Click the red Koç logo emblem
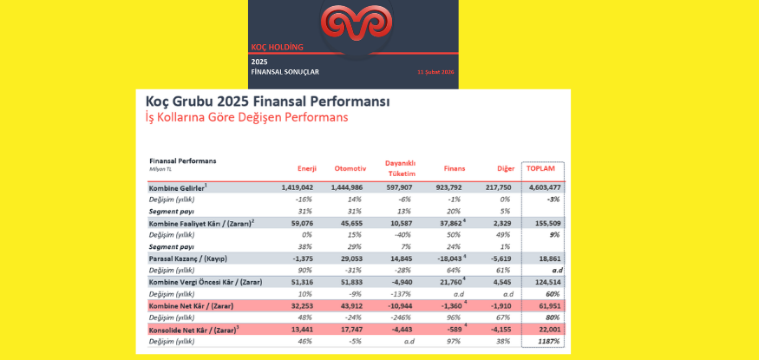(x=353, y=25)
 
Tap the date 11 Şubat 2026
(x=435, y=72)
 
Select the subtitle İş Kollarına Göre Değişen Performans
(x=248, y=117)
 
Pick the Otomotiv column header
(x=350, y=167)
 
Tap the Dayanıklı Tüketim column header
(x=401, y=167)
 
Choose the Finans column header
(x=455, y=167)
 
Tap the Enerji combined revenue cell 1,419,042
(x=297, y=187)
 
